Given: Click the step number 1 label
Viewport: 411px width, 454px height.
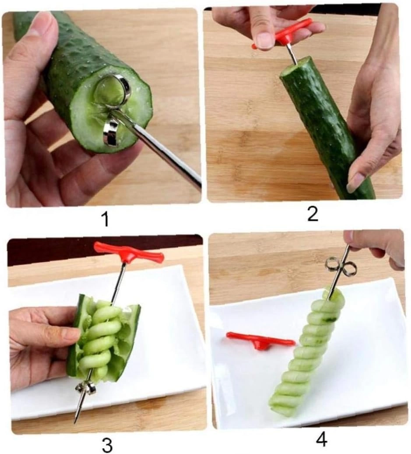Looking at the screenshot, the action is point(106,219).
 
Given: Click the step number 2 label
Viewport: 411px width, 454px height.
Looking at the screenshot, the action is point(313,215).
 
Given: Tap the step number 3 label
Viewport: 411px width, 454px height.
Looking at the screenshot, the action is point(107,445).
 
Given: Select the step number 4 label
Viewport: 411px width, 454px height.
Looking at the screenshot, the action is point(321,440).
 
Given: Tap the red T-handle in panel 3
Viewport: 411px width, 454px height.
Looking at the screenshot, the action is point(128,252).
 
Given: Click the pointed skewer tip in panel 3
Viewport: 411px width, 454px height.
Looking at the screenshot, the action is point(75,421).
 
